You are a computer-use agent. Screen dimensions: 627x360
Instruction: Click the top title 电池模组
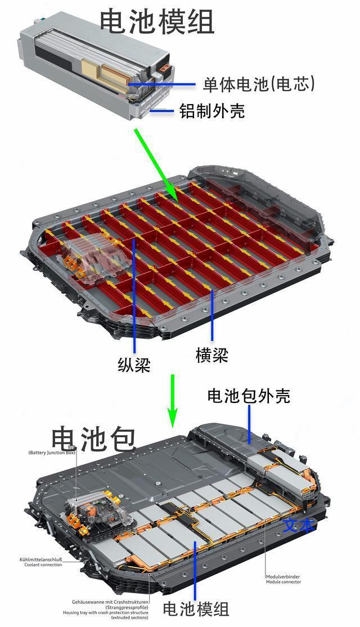click(x=157, y=21)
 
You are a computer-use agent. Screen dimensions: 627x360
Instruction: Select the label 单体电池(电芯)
click(x=259, y=84)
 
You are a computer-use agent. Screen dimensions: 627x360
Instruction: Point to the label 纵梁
click(x=134, y=365)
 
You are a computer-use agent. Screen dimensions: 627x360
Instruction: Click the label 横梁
click(x=212, y=355)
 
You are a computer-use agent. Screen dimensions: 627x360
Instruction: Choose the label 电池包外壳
click(x=249, y=396)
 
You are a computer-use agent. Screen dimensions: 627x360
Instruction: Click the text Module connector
click(x=283, y=581)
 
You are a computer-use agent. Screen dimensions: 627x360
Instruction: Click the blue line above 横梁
click(x=212, y=315)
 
